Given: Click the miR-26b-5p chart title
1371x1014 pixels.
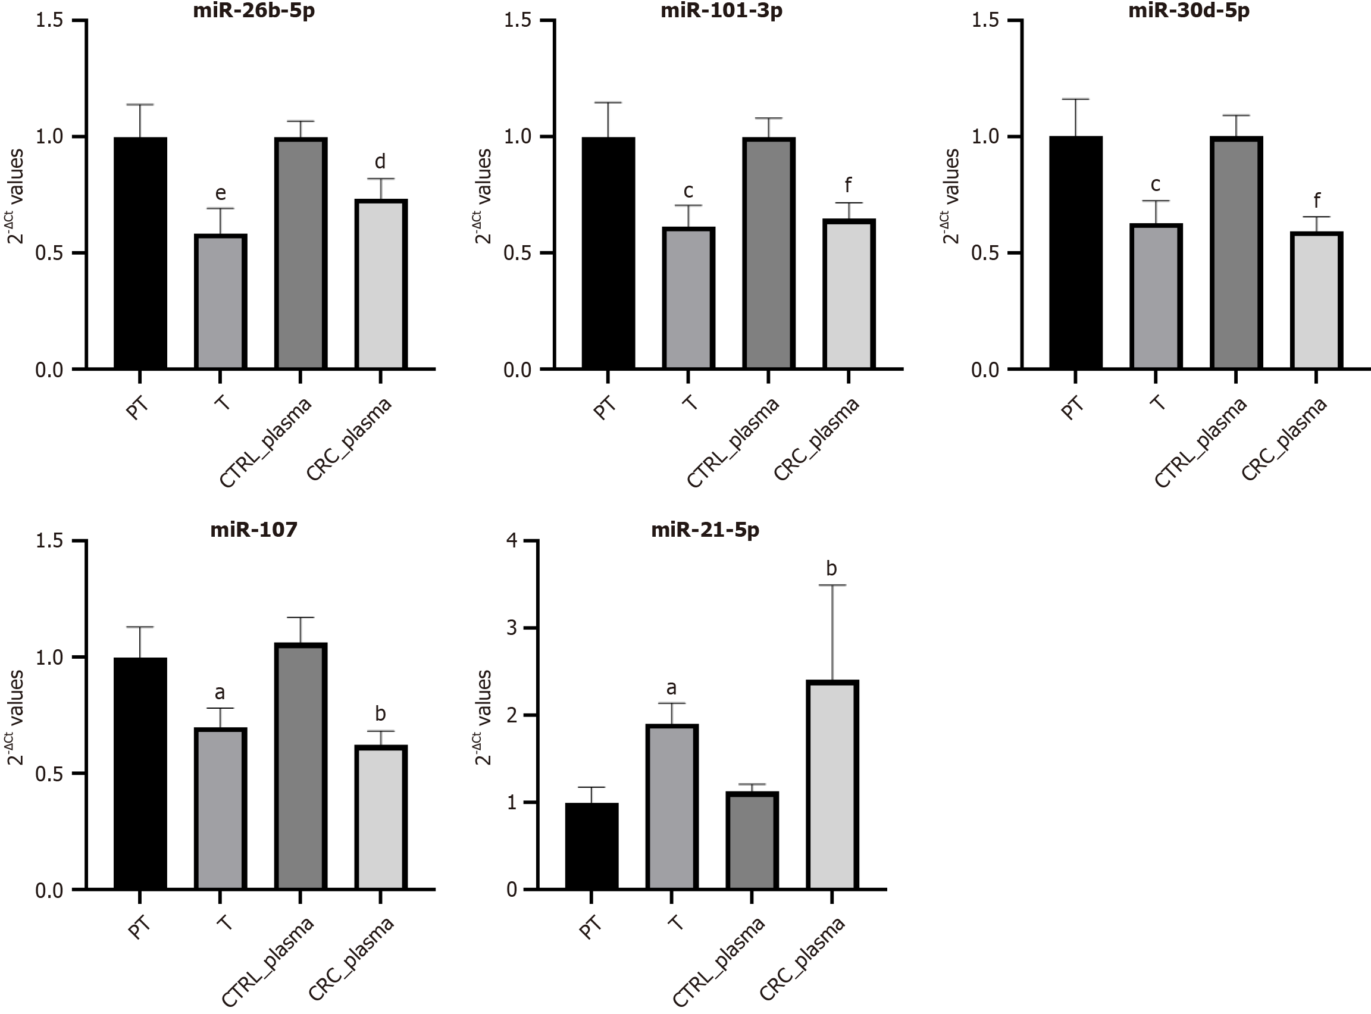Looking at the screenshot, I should click(253, 11).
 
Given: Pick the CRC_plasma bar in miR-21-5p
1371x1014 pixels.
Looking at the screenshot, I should click(831, 785).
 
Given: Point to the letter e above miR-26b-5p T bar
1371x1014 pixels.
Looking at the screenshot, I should click(220, 193).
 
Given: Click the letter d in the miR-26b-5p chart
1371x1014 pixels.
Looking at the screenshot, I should click(380, 161).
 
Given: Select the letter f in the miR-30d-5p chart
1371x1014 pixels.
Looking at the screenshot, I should click(1316, 200).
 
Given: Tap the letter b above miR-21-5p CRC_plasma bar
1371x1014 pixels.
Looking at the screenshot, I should click(831, 568).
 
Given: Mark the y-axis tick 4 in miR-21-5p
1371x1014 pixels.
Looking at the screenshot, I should click(512, 541).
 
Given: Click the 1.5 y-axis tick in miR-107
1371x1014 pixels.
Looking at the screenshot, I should click(49, 541).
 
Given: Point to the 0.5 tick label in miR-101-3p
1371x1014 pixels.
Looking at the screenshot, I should click(517, 253).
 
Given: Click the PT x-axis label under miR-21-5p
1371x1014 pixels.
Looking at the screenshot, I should click(590, 928).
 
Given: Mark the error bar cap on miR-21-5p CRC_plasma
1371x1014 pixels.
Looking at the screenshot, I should click(831, 586).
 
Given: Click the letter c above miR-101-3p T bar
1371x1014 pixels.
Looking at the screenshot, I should click(688, 192).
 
